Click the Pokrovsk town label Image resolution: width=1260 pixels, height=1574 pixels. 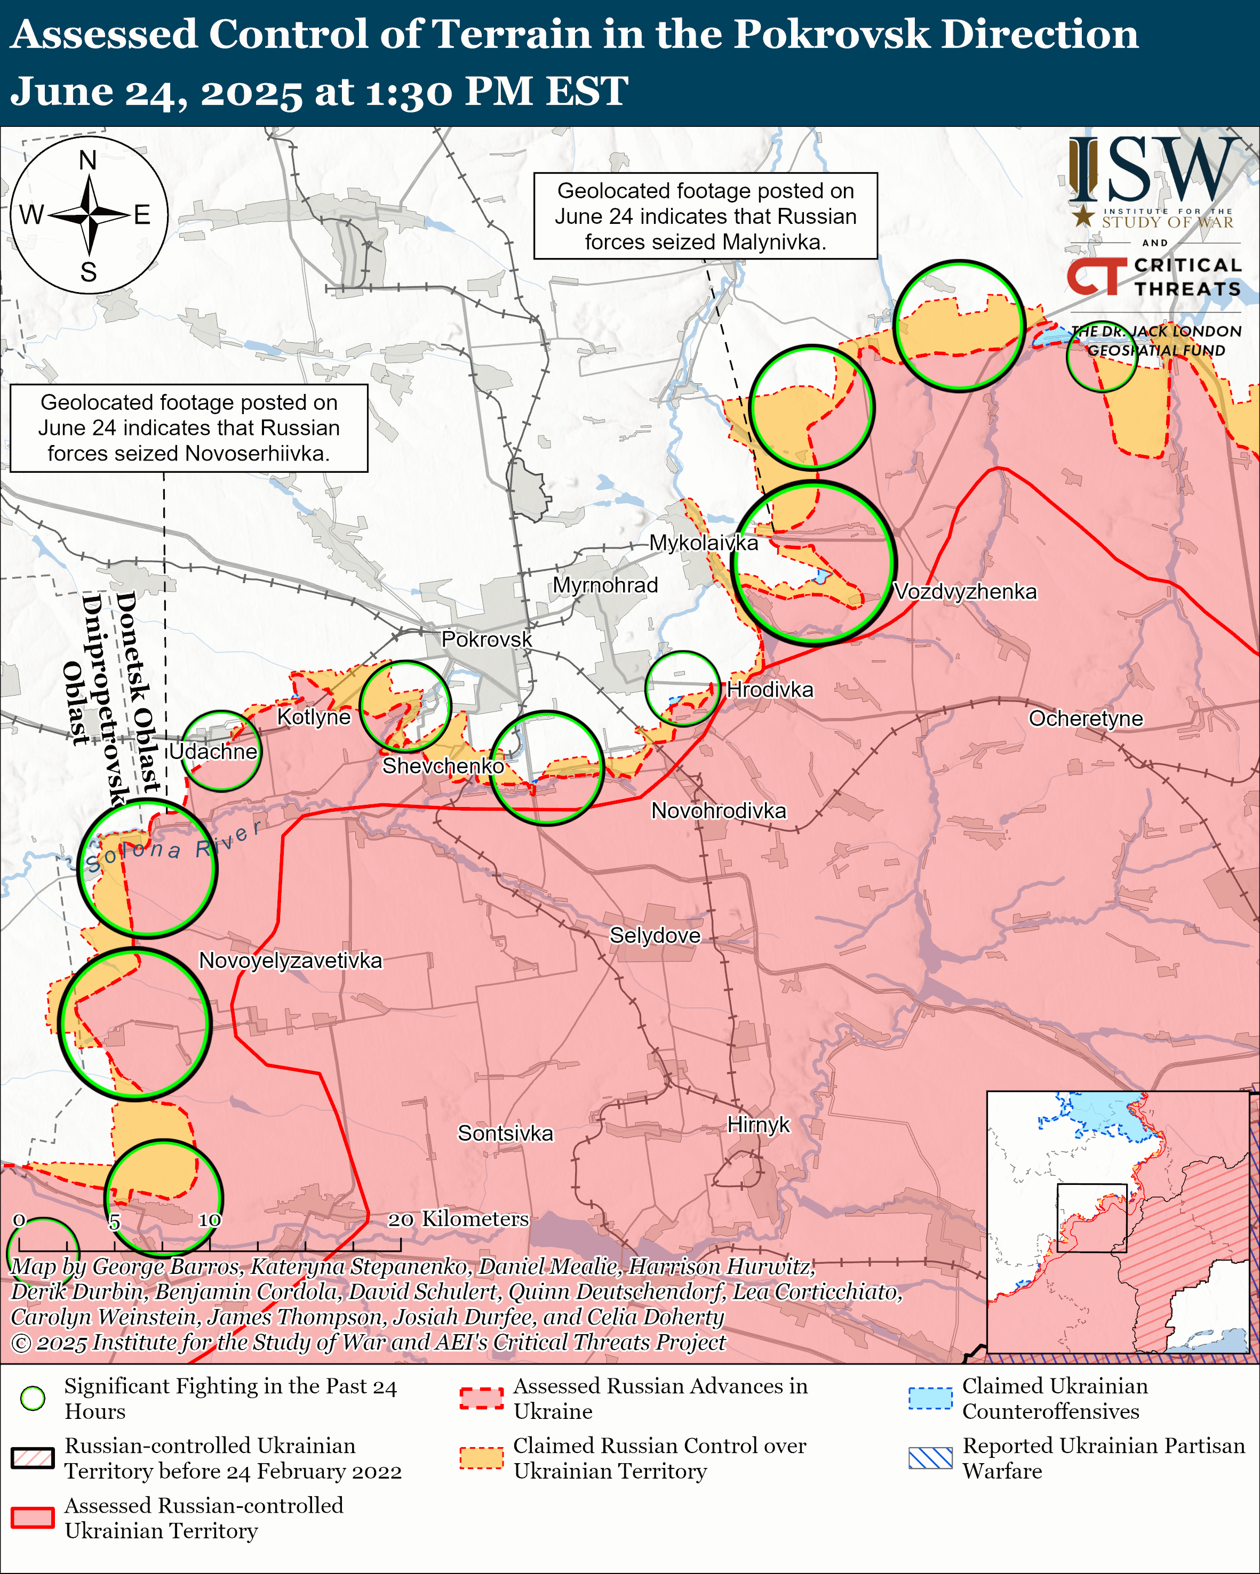[x=487, y=640]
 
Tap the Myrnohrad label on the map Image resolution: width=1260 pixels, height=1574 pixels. [x=605, y=585]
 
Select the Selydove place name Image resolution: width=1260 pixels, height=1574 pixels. [x=655, y=935]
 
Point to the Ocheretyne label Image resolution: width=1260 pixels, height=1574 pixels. [x=1086, y=719]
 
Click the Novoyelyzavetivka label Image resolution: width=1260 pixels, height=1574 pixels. [x=290, y=960]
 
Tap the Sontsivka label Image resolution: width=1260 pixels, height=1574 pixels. [x=506, y=1133]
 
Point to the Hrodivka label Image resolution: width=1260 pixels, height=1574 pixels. [x=770, y=689]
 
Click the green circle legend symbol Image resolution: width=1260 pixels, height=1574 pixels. [x=33, y=1398]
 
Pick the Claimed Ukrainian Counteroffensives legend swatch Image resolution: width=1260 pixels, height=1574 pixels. [x=930, y=1398]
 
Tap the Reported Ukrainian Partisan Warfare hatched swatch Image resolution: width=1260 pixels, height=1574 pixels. [x=930, y=1458]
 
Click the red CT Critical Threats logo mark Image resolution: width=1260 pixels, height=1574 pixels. [x=1096, y=277]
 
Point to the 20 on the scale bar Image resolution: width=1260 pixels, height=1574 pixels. [x=400, y=1220]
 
